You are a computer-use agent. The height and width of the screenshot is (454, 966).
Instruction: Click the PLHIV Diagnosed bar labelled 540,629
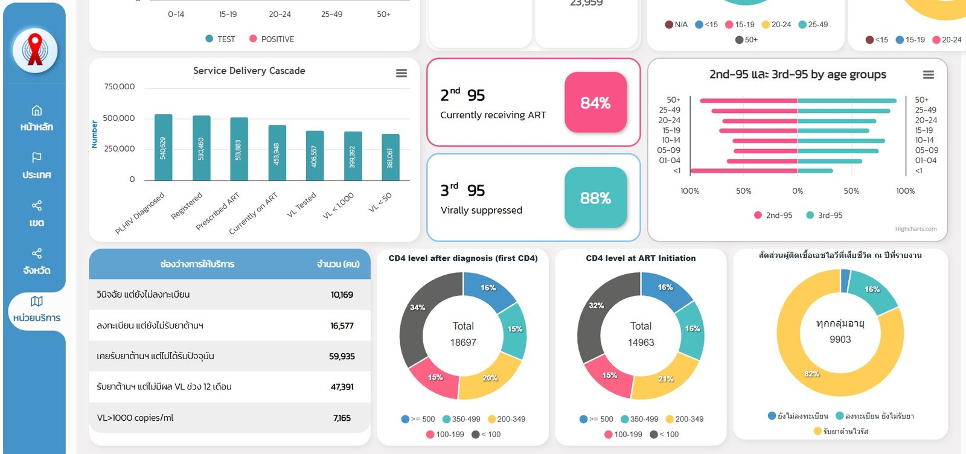point(163,147)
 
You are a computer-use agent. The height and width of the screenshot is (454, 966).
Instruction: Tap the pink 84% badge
point(595,103)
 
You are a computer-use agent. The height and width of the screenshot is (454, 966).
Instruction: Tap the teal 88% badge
point(595,198)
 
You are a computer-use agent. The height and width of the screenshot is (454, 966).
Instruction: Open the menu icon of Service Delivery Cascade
point(401,73)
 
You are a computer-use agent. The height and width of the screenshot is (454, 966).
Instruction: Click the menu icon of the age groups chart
point(928,75)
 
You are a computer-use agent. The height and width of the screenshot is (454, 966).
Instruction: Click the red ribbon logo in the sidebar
point(35,50)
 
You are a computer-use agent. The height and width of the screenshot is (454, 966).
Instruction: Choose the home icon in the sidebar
point(36,110)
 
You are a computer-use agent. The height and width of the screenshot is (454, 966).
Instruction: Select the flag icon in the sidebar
point(36,158)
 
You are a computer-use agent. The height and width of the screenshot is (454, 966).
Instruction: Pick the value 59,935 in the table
point(342,357)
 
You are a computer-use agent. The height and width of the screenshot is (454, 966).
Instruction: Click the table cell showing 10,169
point(342,295)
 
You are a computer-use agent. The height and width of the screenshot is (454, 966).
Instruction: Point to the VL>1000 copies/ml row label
point(135,418)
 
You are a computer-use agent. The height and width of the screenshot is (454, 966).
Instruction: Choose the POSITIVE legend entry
point(272,39)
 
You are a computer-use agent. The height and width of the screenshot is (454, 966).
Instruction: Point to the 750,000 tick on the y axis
point(120,87)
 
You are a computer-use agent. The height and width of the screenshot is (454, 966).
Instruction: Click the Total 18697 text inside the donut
point(463,334)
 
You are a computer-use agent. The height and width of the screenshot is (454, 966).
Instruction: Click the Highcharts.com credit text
point(915,229)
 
